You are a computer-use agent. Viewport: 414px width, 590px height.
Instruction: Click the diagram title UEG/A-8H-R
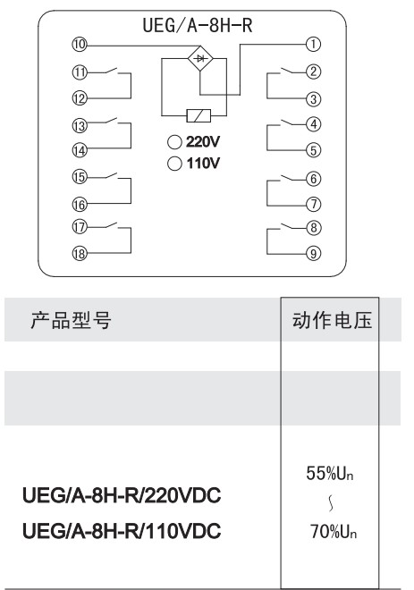click(198, 26)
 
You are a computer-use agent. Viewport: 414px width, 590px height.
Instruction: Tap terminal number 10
click(80, 45)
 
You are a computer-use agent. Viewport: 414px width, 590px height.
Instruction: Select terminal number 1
click(313, 45)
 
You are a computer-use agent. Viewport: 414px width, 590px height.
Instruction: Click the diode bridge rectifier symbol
click(200, 58)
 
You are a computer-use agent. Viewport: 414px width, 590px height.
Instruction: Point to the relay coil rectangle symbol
click(199, 115)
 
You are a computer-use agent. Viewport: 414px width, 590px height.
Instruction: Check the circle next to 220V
click(174, 142)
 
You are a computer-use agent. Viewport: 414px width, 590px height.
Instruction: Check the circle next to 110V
click(174, 164)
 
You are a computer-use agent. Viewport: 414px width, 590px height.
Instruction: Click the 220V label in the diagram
click(202, 142)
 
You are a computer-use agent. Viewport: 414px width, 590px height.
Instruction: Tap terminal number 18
click(80, 254)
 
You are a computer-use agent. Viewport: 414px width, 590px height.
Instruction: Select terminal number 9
click(313, 254)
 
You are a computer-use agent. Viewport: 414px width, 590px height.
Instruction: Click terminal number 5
click(313, 150)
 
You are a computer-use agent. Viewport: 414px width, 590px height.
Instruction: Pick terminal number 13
click(80, 126)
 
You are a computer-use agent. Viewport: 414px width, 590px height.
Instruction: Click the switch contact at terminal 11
click(110, 71)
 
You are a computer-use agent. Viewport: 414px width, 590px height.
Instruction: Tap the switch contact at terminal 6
click(289, 177)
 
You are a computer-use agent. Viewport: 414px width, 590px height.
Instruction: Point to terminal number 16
click(80, 205)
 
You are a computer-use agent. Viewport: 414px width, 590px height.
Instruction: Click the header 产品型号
click(71, 321)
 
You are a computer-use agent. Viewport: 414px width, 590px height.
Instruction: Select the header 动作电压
click(332, 321)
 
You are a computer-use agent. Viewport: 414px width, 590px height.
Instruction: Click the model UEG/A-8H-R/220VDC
click(122, 495)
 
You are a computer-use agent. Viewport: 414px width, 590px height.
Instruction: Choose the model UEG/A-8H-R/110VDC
click(122, 531)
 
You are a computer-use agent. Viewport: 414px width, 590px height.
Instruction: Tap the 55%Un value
click(330, 474)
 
